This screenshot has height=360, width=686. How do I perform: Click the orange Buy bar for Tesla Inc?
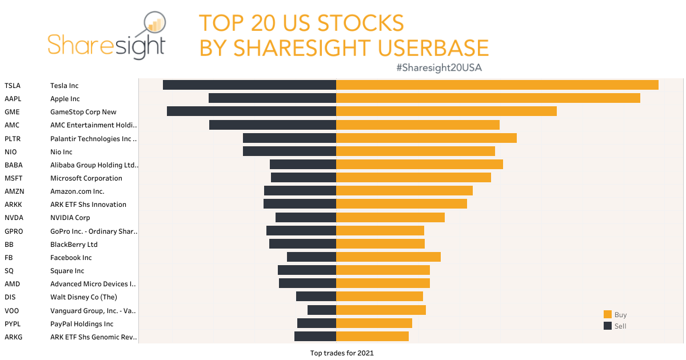[497, 85]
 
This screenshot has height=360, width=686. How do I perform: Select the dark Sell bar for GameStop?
[251, 111]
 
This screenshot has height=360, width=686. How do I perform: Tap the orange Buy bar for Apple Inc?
[488, 98]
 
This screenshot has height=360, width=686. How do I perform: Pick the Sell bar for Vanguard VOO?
[321, 310]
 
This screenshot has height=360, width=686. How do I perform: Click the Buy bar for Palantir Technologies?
[426, 138]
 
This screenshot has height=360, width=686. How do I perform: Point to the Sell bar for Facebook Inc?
[311, 257]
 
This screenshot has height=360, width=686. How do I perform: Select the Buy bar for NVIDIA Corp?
[390, 218]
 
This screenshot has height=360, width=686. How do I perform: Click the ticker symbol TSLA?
[13, 86]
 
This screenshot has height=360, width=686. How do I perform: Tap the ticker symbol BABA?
[13, 165]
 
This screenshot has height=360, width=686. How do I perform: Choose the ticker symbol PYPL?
[13, 324]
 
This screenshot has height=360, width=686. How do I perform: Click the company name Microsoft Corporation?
[86, 178]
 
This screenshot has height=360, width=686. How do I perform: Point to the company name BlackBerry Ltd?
[74, 245]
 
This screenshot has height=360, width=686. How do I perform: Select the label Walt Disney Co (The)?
[83, 297]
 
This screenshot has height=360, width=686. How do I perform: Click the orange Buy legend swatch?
[608, 315]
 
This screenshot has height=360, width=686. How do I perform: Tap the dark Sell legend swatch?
[608, 326]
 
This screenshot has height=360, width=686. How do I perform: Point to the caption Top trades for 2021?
[341, 353]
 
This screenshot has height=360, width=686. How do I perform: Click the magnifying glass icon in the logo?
[150, 26]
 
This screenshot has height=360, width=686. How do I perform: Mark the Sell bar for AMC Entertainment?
[272, 125]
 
